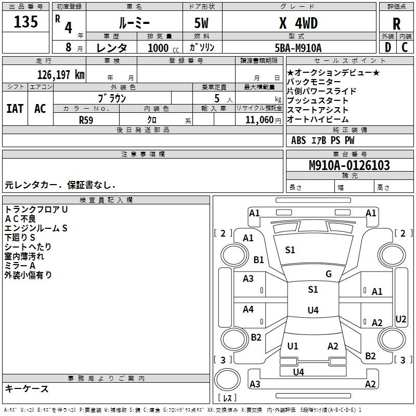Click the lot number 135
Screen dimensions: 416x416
click(26, 22)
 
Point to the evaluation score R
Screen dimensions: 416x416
click(396, 23)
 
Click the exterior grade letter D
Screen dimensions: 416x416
click(387, 47)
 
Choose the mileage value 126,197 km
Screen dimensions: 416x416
click(61, 74)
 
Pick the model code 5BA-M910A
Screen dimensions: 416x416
click(298, 48)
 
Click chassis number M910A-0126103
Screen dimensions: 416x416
click(349, 165)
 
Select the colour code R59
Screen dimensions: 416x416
click(86, 120)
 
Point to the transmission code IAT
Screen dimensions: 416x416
click(15, 109)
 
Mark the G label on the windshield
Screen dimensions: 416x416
click(329, 274)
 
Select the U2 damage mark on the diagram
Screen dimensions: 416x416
click(401, 319)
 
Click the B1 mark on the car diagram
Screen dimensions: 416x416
click(258, 259)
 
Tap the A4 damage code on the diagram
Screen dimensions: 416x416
click(248, 309)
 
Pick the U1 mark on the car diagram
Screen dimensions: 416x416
click(293, 346)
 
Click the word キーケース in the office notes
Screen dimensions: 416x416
click(27, 389)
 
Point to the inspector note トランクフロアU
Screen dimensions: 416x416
click(36, 209)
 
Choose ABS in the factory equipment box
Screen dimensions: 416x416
click(298, 140)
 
